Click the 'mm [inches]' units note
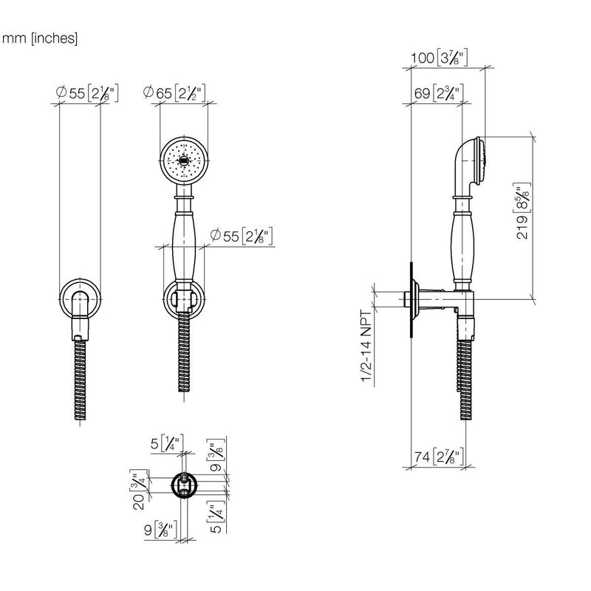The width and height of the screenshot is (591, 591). [40, 38]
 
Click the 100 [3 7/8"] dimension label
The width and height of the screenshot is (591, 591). [439, 58]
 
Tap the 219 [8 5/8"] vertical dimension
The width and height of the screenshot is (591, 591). [523, 211]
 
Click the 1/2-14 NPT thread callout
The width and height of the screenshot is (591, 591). [366, 346]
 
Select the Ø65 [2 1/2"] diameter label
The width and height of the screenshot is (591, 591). [174, 93]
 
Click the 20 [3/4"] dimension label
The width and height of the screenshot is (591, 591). [139, 490]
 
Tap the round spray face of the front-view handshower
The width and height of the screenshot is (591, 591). [184, 160]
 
